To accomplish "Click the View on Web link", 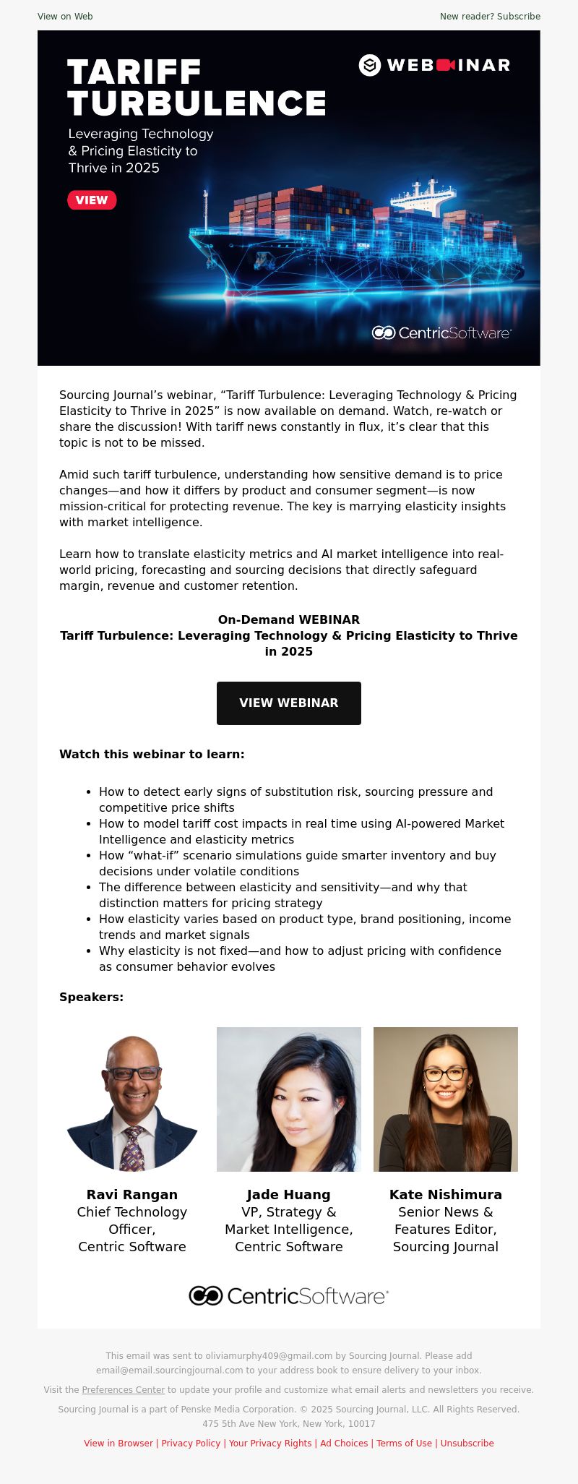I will pos(65,17).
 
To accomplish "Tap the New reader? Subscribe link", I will pos(490,17).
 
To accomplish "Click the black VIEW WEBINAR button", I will pos(288,703).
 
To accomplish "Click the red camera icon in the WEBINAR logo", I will pos(445,65).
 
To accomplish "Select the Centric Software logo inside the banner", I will pos(441,333).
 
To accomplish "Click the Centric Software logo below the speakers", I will pos(288,1296).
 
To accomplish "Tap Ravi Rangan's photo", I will pos(132,1099).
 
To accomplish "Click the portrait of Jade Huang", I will pos(288,1099).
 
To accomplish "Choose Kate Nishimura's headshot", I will pos(445,1099).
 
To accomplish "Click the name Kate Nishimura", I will pos(445,1195).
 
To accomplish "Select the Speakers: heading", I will pos(91,997).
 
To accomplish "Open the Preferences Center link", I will pos(124,1389).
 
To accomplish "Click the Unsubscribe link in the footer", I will pos(467,1443).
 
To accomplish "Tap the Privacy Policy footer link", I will pos(191,1443).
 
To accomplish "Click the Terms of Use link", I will pos(404,1443).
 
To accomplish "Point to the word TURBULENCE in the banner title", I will pos(197,104).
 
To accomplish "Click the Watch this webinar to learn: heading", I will pos(152,754).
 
